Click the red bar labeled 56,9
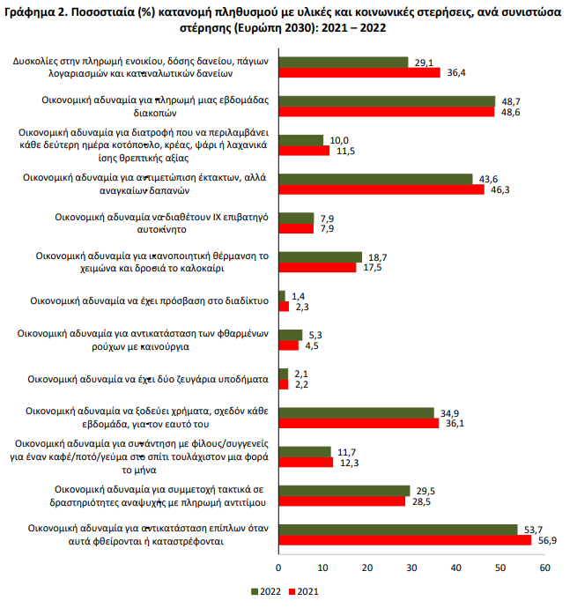(x=405, y=540)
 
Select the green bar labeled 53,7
(x=398, y=530)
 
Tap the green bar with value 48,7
(x=387, y=101)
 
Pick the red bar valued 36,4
(x=359, y=72)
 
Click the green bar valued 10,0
(x=301, y=140)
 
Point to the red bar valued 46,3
(x=381, y=189)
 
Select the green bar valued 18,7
(x=321, y=257)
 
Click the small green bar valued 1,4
(x=282, y=296)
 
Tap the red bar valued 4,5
(x=289, y=345)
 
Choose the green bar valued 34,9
(x=357, y=413)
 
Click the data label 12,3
(x=350, y=463)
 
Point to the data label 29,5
(x=425, y=492)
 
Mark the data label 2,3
(x=302, y=308)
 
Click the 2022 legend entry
(x=266, y=592)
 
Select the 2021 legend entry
(x=304, y=592)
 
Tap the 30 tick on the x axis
(x=411, y=568)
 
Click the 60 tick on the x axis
(x=544, y=568)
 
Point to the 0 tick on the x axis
(x=278, y=568)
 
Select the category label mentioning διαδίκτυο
(x=149, y=300)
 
